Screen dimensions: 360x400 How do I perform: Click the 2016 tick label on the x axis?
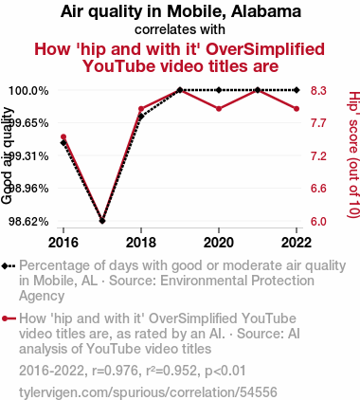pos(63,243)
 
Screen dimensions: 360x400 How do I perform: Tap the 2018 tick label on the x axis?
pos(141,243)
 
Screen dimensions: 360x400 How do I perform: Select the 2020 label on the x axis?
pos(219,243)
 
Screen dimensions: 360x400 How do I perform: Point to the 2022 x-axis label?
pos(297,243)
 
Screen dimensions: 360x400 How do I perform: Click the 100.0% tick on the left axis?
pos(28,91)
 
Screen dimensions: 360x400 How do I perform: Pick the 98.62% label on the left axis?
pos(28,222)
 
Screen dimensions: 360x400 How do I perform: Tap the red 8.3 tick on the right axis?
pos(318,91)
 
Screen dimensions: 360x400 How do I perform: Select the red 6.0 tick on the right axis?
pos(318,222)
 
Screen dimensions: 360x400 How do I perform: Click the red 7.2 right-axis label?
pos(318,156)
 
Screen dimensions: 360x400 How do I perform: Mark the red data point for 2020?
pos(219,109)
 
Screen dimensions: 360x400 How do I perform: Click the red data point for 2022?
pos(297,109)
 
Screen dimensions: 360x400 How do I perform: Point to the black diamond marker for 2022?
pos(297,90)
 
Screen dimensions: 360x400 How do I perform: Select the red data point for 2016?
pos(63,136)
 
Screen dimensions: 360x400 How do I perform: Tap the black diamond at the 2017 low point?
pos(102,221)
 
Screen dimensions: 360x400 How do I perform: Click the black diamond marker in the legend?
pos(4,266)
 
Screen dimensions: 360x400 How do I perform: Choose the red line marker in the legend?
pos(9,318)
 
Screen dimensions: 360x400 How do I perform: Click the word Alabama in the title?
pos(266,11)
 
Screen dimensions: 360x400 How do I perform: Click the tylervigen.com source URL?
pos(148,392)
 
